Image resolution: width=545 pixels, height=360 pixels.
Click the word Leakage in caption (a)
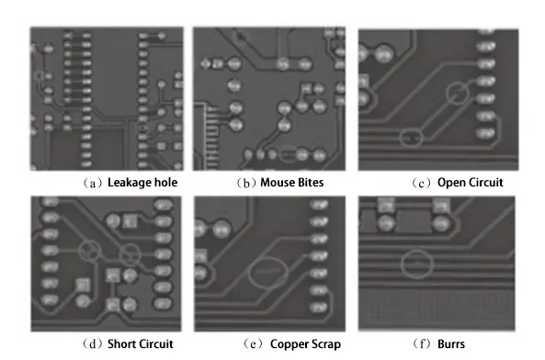point(130,182)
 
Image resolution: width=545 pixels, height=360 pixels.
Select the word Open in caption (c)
point(452,182)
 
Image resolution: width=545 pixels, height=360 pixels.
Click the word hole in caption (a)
point(165,182)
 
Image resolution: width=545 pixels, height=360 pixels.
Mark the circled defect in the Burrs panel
point(418,264)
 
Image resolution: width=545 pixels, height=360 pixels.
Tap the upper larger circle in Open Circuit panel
point(455,92)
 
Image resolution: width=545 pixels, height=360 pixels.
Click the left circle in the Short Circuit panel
point(90,249)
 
